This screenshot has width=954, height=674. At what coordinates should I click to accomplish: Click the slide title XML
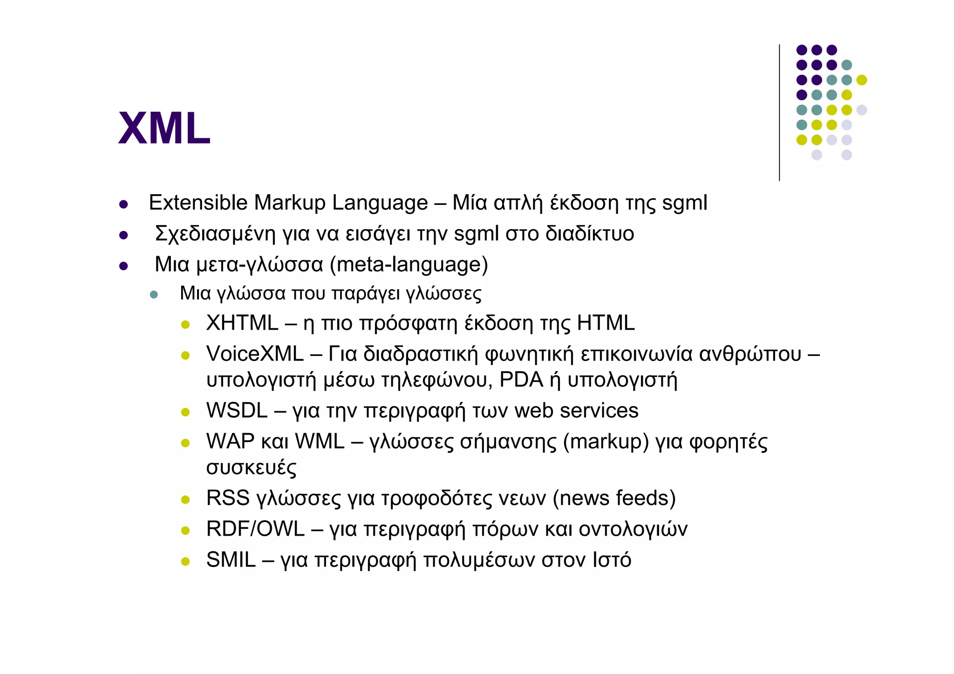(164, 128)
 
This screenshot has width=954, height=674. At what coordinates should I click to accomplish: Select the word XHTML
(242, 323)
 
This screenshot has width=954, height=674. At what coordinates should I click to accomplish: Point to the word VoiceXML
(255, 354)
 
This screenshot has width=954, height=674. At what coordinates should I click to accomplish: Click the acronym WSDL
(237, 410)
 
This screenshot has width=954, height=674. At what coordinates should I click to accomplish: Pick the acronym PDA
(521, 380)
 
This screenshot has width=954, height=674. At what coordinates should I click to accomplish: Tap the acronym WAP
(230, 441)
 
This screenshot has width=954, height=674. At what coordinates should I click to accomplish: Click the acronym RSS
(228, 498)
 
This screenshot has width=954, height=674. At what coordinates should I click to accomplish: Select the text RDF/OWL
(255, 529)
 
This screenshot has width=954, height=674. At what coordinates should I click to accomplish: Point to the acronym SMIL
(231, 559)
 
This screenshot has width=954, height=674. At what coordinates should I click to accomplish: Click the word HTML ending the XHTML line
(606, 323)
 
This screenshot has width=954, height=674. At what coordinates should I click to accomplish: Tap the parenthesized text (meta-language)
(409, 265)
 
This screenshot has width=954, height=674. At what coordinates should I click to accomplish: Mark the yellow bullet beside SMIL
(185, 561)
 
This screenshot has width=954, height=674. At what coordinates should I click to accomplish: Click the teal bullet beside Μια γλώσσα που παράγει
(154, 295)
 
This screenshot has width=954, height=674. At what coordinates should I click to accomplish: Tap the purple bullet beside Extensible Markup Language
(123, 204)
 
